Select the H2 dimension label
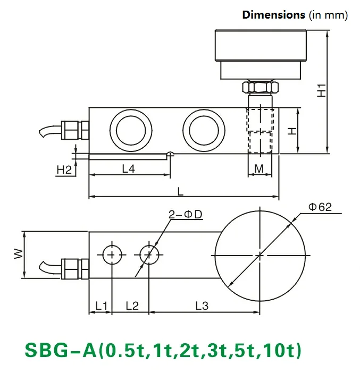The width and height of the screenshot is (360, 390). point(64,170)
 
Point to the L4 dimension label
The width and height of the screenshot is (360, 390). point(129,169)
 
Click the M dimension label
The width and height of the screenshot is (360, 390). point(259,169)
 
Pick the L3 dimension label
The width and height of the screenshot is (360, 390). point(202,306)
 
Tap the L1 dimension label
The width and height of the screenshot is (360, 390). point(101,306)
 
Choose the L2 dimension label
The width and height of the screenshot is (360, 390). point(131,306)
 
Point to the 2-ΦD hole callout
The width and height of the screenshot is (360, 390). point(187,215)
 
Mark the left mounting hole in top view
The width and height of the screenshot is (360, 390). point(111,255)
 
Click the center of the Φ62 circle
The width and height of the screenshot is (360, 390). point(260,255)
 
